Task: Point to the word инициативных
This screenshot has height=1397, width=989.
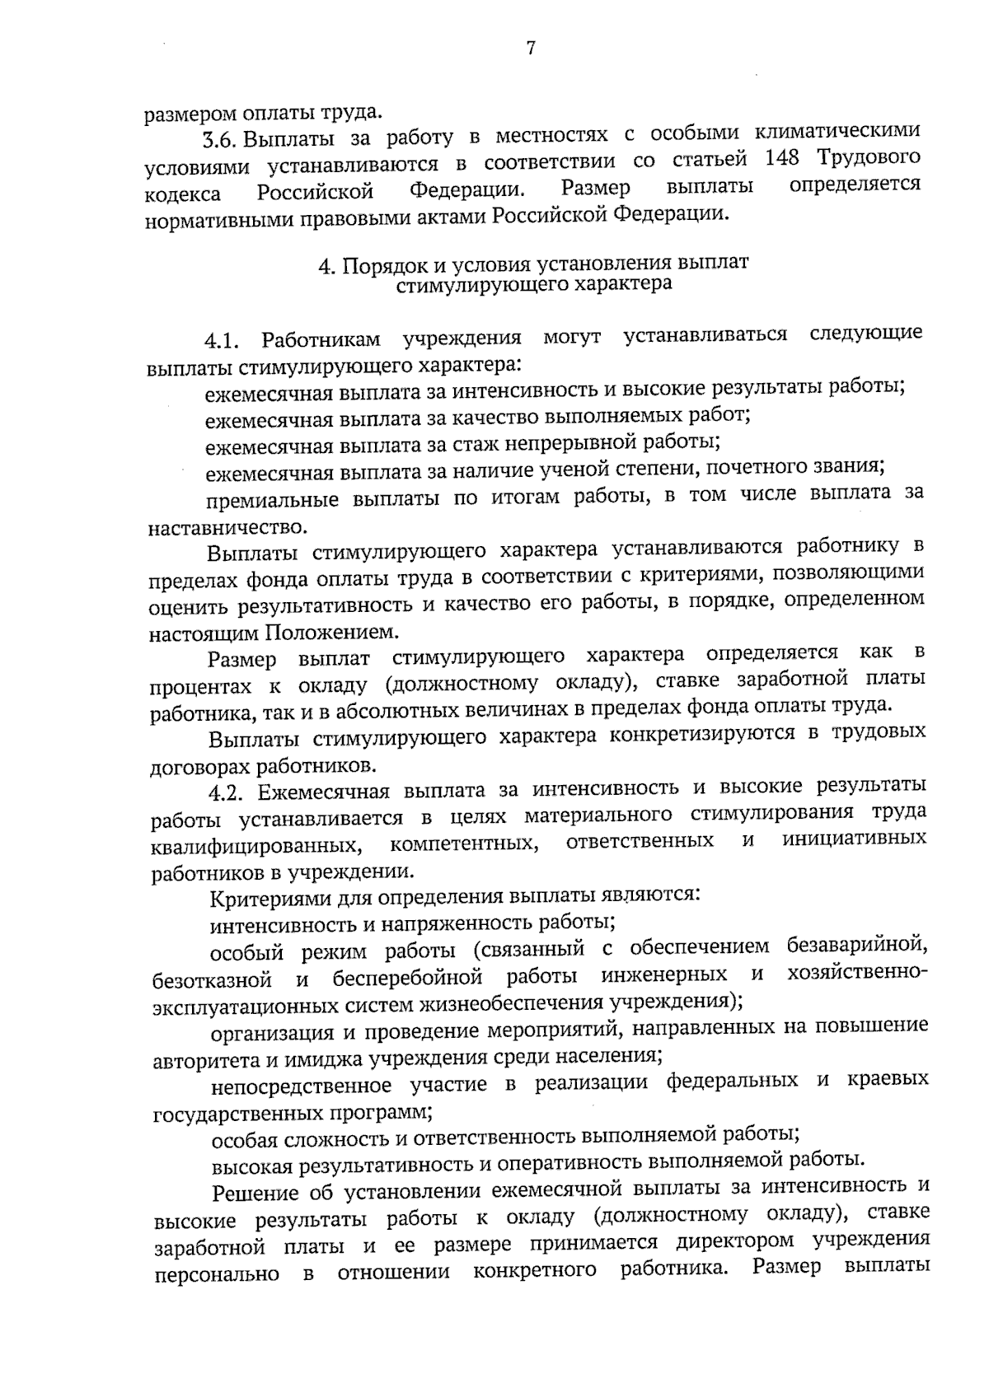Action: (x=855, y=839)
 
